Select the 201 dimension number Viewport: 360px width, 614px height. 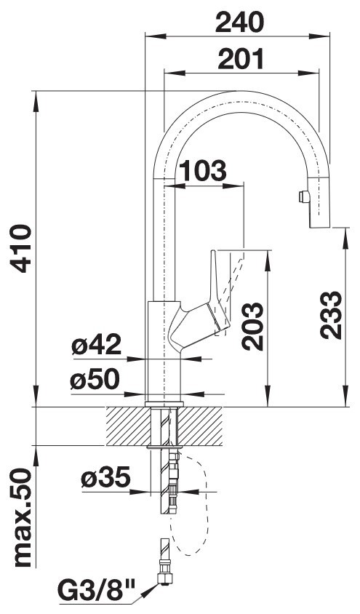(241, 60)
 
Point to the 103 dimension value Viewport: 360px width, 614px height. (203, 171)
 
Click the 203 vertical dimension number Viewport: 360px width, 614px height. (252, 326)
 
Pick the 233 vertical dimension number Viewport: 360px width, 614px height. (331, 315)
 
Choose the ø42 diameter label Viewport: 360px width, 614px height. (96, 345)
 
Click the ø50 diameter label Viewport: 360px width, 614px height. (95, 380)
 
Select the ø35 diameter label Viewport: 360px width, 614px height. (105, 477)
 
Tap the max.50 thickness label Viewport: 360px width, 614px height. (23, 518)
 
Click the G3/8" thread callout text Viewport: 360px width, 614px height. (96, 591)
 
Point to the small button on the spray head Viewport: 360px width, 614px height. (303, 196)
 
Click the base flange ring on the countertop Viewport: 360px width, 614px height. (164, 404)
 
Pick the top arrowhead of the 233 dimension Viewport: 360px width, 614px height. (345, 238)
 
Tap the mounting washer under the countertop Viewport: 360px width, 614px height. (164, 447)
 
